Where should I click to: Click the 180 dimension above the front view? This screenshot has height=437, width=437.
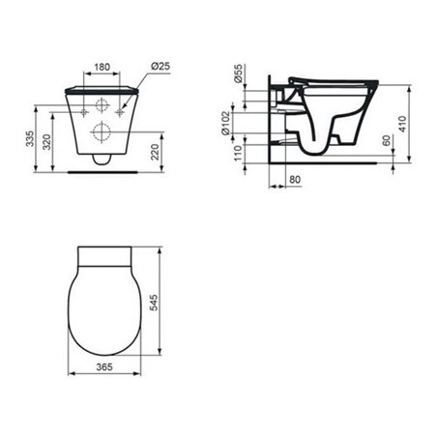[102, 69]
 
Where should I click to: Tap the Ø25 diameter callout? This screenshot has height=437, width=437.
[160, 65]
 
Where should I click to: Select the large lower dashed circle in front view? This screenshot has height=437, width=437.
[102, 132]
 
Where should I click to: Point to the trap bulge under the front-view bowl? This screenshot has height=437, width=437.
[102, 159]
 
